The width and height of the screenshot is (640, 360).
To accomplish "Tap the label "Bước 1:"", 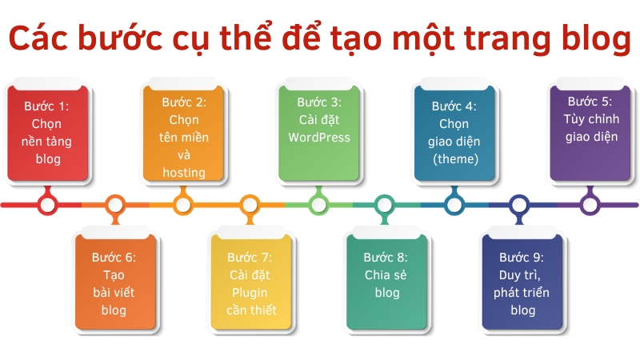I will [46, 106].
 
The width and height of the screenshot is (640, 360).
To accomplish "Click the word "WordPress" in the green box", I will [319, 137].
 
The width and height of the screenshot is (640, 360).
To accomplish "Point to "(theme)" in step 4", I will [454, 158].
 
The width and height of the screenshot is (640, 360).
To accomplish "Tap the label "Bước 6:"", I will [114, 258].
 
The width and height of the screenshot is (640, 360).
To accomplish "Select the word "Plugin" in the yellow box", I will [250, 293].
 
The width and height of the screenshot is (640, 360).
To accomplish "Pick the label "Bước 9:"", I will [522, 258].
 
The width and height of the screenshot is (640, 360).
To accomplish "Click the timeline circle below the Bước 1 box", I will [47, 205].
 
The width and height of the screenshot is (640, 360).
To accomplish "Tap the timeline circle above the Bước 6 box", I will [115, 205].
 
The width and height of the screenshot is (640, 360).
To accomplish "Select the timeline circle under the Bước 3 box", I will [318, 205].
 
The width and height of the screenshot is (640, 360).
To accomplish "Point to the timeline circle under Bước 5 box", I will [590, 205].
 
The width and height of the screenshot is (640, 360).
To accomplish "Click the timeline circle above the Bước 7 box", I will [250, 205].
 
